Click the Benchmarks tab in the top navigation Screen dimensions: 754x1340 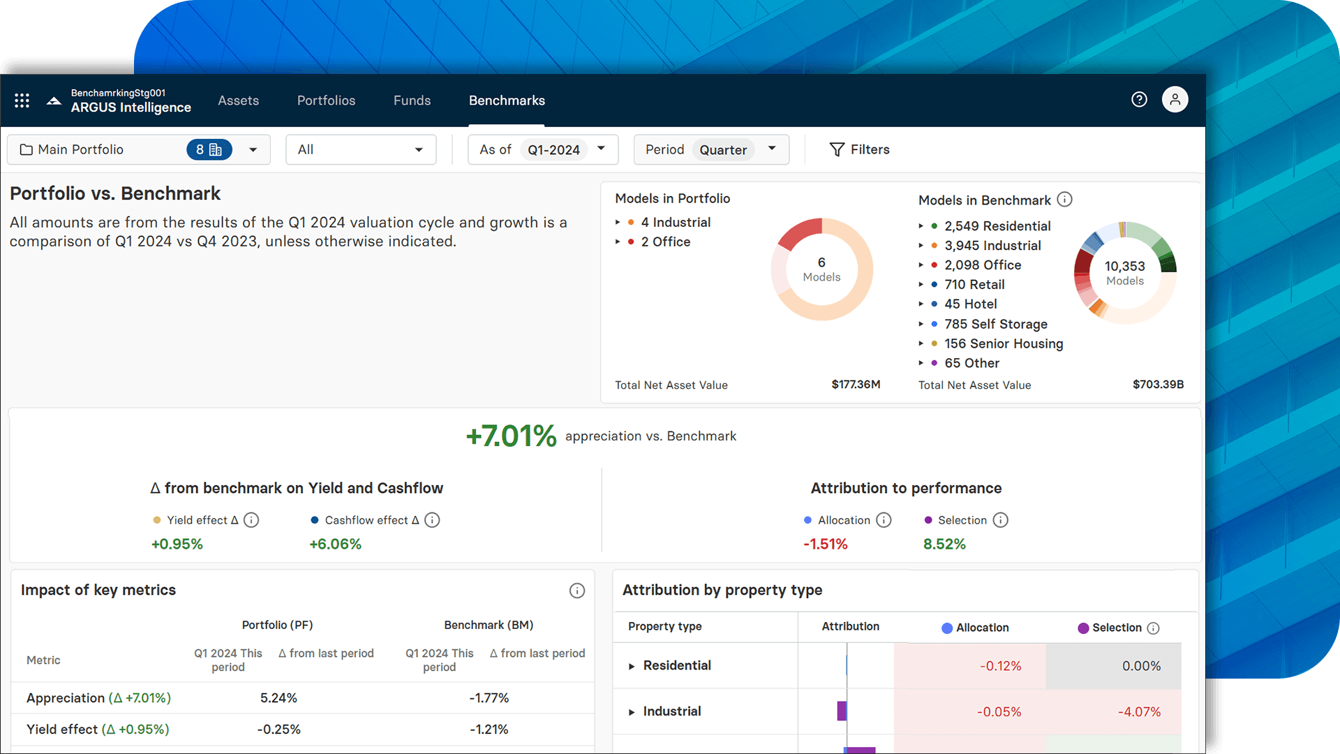point(507,101)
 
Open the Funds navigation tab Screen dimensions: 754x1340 point(412,101)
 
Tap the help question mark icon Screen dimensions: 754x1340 point(1139,100)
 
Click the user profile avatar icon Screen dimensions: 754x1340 point(1175,100)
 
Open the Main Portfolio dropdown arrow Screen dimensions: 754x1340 point(253,150)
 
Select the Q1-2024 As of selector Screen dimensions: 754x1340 point(553,150)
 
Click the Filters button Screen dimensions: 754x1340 point(859,149)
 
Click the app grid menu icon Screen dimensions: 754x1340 point(22,101)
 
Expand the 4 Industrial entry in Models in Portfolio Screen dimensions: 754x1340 point(618,223)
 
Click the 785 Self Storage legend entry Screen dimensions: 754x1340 point(995,324)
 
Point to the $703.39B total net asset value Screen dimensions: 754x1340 point(1158,385)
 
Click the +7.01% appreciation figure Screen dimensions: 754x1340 point(511,436)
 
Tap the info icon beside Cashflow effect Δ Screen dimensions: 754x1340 point(432,520)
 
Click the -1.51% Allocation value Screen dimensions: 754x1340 point(825,545)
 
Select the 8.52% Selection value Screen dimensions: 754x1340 point(944,545)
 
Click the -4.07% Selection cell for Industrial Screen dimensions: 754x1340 point(1139,712)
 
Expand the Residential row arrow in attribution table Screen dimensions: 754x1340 point(632,666)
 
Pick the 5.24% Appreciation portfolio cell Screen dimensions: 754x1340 point(278,698)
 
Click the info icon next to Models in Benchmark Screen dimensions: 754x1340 point(1064,200)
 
